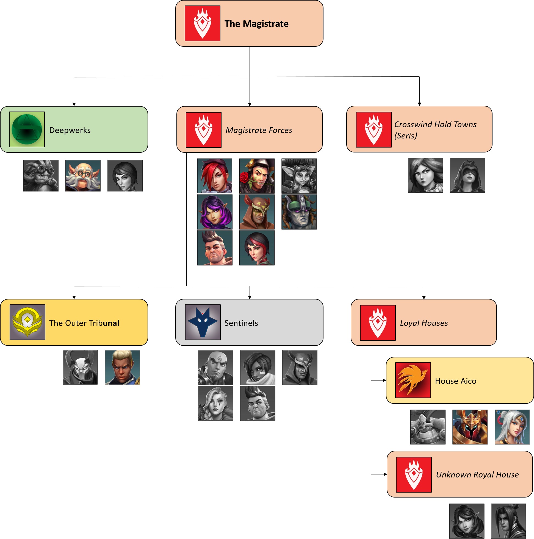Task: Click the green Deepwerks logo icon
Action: coord(27,129)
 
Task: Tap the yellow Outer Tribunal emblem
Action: coord(27,322)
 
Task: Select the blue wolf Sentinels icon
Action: coord(203,322)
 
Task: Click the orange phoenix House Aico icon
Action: coord(413,380)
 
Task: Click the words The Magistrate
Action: coord(256,24)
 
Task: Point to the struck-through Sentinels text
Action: coord(241,323)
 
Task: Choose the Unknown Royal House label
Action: coord(477,474)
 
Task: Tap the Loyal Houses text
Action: coord(424,323)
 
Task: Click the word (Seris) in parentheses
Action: coord(406,136)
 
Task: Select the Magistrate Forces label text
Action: coord(259,130)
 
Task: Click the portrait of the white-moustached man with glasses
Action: coord(83,176)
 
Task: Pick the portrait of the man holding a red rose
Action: coord(257,176)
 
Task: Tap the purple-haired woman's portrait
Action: coord(215,212)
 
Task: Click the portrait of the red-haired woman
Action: coord(215,176)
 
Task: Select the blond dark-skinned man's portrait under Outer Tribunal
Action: coord(122,367)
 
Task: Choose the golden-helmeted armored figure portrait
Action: coord(470,427)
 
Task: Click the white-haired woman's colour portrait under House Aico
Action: coord(512,427)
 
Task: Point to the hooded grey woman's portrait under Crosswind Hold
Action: coord(467,175)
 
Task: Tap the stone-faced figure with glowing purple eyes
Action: coord(299,212)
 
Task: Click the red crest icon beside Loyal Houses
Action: coord(378,323)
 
